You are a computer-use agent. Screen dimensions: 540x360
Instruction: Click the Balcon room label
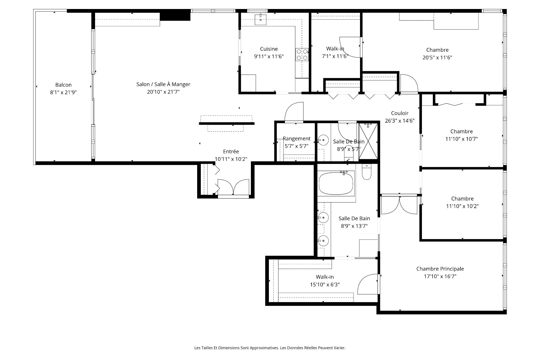(63, 85)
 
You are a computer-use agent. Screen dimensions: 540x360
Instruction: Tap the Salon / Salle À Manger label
(163, 84)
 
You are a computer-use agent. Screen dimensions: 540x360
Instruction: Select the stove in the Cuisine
(302, 55)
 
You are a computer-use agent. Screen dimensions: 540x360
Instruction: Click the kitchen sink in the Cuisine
(261, 20)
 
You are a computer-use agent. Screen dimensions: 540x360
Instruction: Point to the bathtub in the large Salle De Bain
(336, 183)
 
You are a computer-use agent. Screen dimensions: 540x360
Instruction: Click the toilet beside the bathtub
(366, 172)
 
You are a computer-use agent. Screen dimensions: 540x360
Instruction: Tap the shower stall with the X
(368, 142)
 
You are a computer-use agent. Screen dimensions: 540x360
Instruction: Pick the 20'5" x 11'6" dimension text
(437, 58)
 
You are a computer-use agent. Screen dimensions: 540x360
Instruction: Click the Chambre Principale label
(440, 269)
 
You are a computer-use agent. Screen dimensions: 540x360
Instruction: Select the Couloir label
(400, 113)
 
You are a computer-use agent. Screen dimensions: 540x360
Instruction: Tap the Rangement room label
(296, 138)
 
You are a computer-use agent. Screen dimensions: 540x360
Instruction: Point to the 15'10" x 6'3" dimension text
(325, 285)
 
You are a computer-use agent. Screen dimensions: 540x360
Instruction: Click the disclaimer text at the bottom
(270, 348)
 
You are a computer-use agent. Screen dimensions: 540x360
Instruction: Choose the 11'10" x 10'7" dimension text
(462, 139)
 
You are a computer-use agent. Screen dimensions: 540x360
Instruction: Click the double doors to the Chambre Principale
(399, 204)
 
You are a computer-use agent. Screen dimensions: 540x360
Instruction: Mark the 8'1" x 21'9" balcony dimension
(63, 92)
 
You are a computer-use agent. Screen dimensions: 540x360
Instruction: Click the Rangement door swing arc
(294, 112)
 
